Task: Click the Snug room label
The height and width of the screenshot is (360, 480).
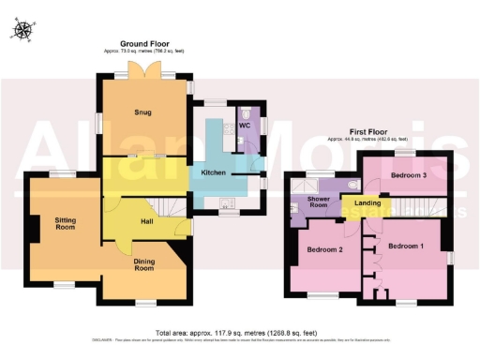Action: tap(142, 112)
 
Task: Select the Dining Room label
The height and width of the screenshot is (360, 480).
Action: tap(142, 264)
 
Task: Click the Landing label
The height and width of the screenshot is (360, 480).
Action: tap(367, 202)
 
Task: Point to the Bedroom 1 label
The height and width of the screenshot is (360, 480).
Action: tap(408, 246)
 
